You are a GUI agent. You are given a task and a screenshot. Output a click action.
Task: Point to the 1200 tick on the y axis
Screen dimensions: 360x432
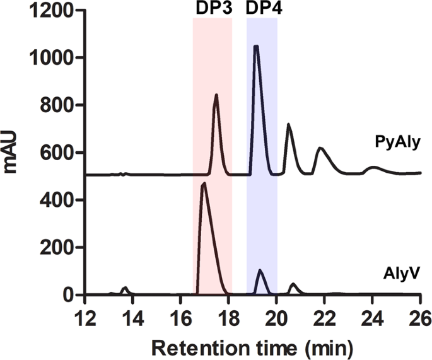52,11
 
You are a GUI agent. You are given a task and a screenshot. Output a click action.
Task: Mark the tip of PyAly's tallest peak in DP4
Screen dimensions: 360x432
255,46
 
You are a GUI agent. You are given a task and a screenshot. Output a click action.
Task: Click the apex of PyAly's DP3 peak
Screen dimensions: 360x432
216,95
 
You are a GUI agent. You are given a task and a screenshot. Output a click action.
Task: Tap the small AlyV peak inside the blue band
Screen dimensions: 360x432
260,270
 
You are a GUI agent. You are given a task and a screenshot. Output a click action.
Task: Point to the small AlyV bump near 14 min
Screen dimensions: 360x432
125,288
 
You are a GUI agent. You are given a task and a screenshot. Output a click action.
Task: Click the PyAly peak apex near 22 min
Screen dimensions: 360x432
320,148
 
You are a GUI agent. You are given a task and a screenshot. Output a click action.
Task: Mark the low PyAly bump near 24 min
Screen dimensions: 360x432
373,168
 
